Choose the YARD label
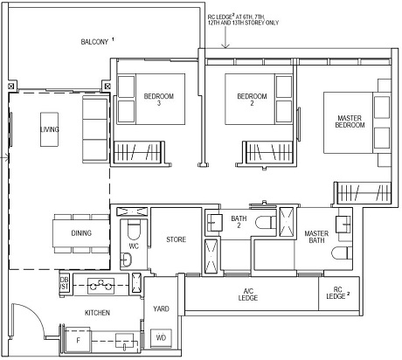161,307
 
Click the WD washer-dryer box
161,336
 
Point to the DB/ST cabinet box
63,281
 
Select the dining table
80,232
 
